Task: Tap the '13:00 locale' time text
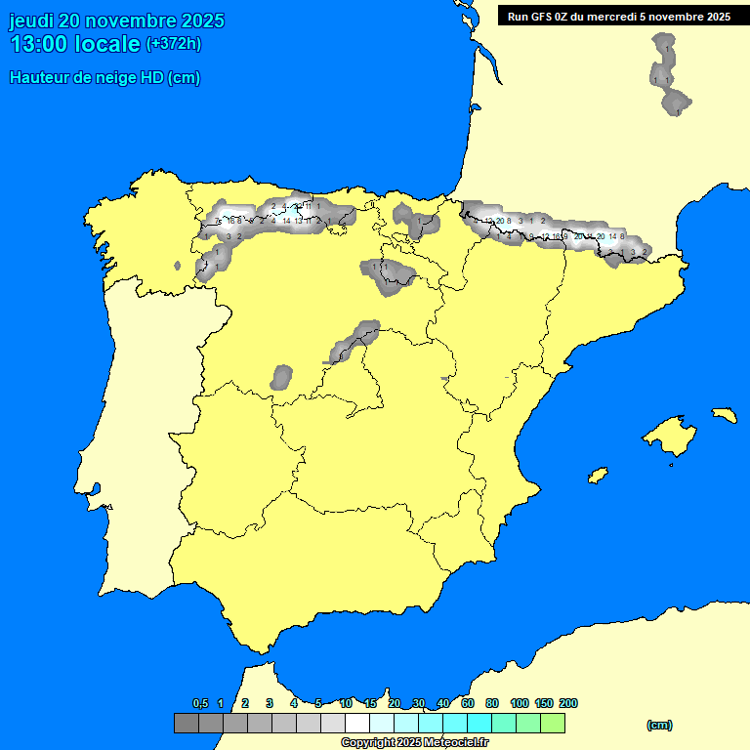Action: point(74,44)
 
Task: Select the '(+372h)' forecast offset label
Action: point(173,44)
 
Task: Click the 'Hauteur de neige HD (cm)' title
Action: point(104,78)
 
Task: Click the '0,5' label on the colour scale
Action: point(200,703)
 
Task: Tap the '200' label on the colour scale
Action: point(568,703)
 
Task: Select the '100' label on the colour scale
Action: point(520,703)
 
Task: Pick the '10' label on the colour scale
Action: point(346,703)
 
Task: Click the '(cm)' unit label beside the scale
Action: point(659,725)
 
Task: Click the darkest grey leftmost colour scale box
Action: point(186,724)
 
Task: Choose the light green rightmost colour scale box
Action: point(552,724)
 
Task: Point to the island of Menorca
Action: point(724,414)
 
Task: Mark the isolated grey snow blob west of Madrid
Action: point(282,376)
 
